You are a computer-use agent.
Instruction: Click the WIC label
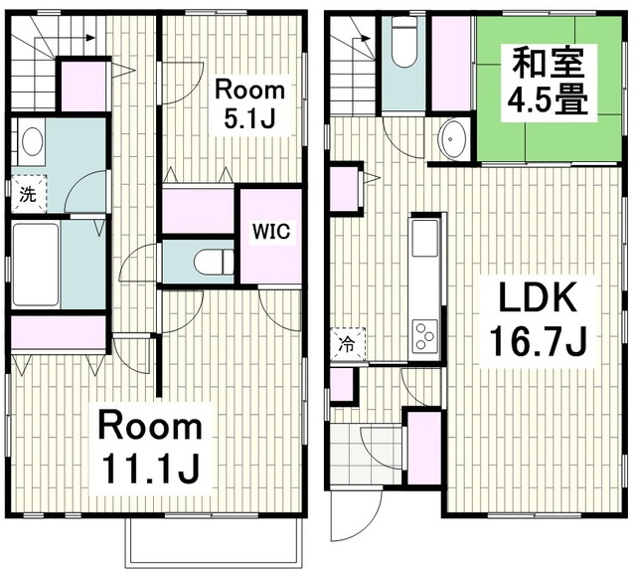click(271, 232)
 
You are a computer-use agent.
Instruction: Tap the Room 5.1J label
click(249, 104)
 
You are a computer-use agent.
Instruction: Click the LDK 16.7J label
click(538, 318)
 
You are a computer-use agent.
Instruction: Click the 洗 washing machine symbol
click(29, 195)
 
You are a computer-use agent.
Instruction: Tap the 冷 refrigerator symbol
click(348, 344)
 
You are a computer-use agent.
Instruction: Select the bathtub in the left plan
click(36, 265)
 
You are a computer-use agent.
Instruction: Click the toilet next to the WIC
click(214, 262)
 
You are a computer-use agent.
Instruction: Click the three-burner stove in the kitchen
click(425, 335)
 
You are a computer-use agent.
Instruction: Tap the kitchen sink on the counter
click(425, 239)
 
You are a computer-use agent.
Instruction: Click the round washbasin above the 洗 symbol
click(32, 140)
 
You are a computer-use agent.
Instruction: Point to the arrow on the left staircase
click(65, 39)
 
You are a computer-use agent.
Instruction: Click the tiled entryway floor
click(366, 454)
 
